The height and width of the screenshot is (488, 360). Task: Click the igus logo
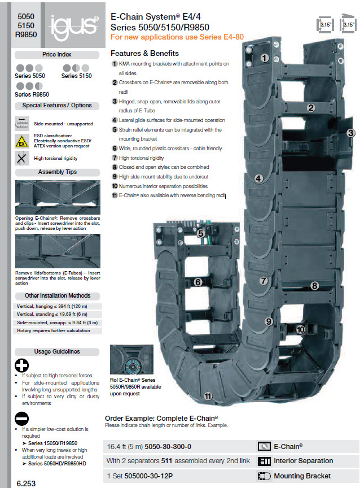[x=74, y=27]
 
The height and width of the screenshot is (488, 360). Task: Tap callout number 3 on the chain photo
[x=350, y=133]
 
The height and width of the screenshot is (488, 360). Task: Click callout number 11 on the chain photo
[x=208, y=396]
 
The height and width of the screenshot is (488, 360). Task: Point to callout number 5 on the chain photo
[x=201, y=233]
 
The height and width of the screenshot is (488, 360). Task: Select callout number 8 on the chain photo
[x=315, y=285]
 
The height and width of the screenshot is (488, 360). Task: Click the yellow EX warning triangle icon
[x=22, y=141]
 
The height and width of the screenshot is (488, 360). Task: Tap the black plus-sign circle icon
[x=22, y=365]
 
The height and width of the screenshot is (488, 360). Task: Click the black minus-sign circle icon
[x=22, y=419]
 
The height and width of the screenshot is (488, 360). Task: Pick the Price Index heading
[x=57, y=54]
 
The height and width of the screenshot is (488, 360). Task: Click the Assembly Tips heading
[x=58, y=172]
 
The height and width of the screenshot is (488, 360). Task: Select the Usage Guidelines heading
[x=57, y=352]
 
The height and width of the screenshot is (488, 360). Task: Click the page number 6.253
[x=26, y=483]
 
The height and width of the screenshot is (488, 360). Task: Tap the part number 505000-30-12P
[x=148, y=476]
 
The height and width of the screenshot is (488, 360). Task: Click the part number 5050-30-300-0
[x=168, y=447]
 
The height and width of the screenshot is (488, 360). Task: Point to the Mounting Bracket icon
[x=264, y=476]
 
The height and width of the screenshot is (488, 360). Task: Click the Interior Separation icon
[x=264, y=461]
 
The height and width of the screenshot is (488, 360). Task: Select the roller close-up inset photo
[x=131, y=359]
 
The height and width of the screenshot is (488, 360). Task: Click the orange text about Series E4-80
[x=177, y=37]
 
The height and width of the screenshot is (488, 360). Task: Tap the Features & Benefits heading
[x=144, y=53]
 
